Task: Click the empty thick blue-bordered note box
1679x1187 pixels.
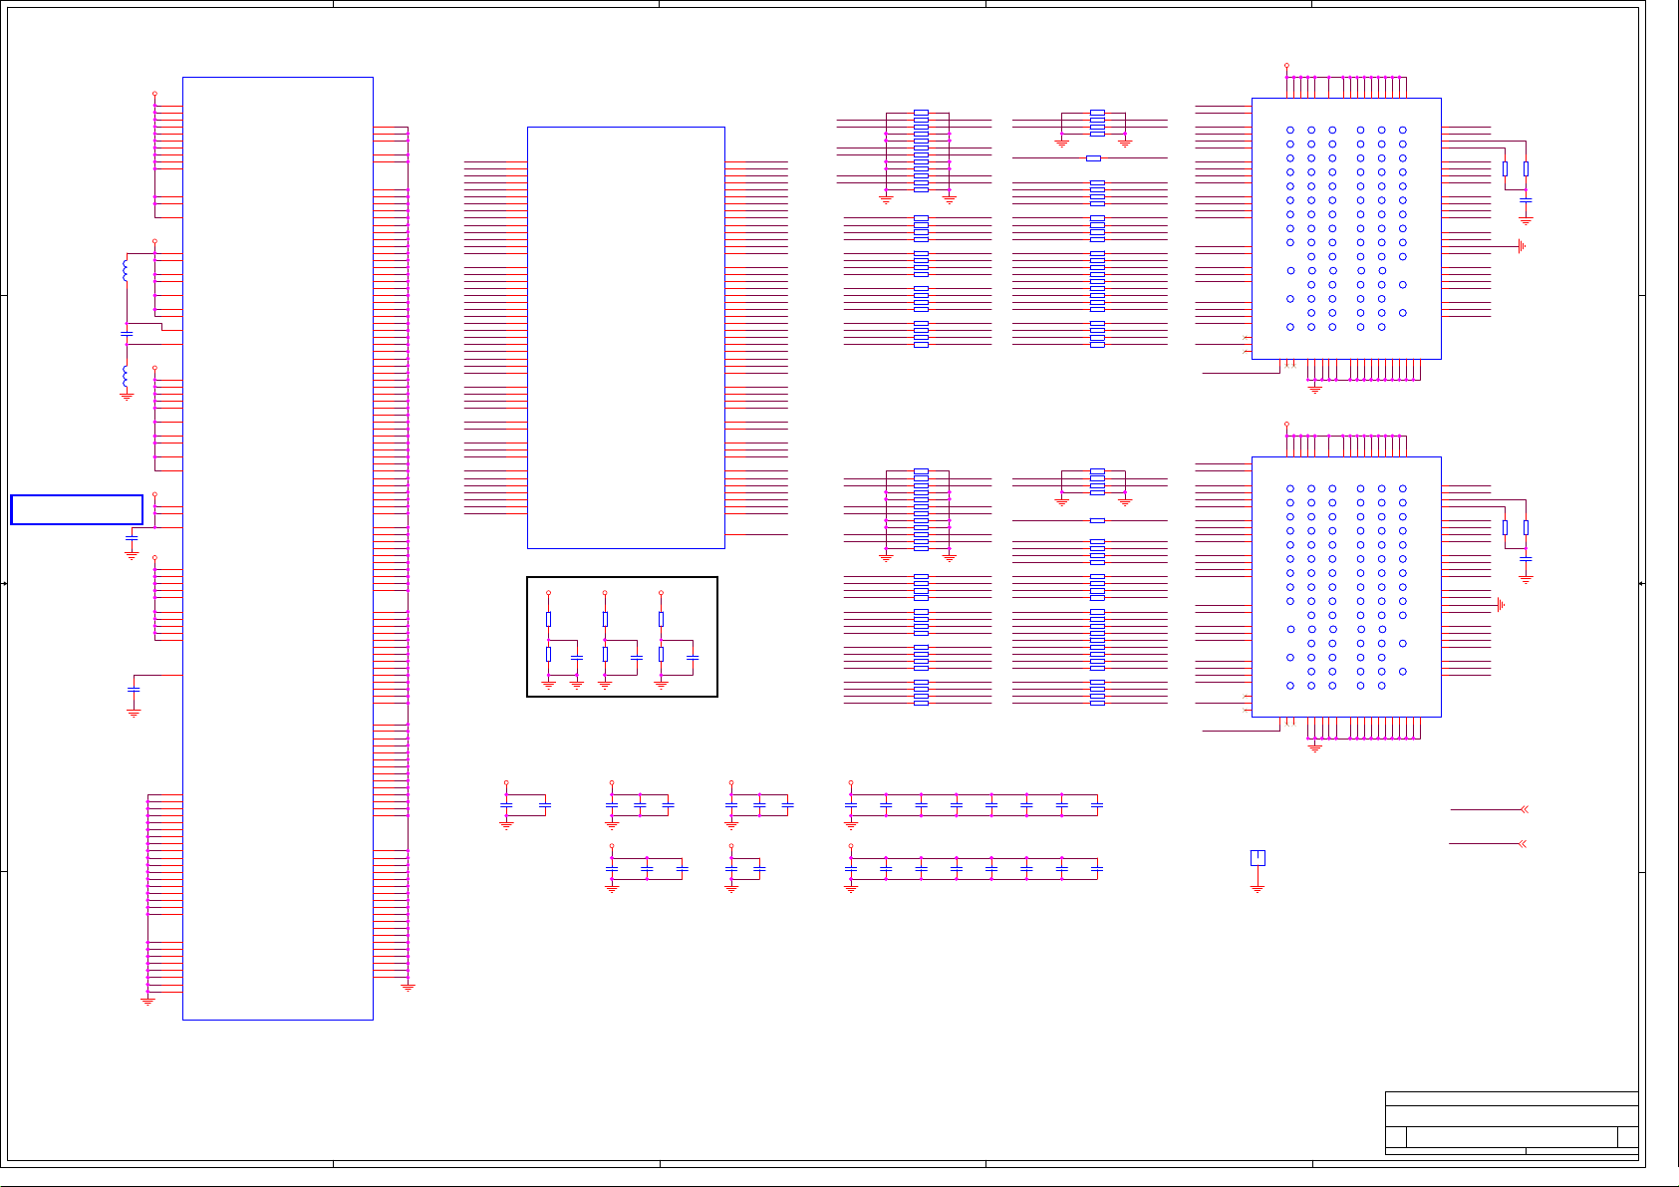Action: [77, 509]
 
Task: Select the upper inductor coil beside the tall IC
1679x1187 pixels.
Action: [126, 270]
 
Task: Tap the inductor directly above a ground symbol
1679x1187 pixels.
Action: [126, 378]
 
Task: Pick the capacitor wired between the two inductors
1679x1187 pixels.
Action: [127, 334]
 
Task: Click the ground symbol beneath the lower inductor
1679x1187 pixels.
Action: [127, 396]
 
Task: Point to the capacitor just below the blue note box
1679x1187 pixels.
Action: [132, 538]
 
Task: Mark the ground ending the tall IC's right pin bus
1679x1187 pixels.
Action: [408, 987]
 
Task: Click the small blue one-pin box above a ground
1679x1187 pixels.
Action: [1258, 858]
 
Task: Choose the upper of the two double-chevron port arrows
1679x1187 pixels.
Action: [1523, 809]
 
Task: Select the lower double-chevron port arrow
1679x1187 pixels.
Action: [1523, 844]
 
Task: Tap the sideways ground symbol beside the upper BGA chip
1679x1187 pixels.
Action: [1522, 246]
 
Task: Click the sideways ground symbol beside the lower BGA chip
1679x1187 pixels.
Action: [1500, 605]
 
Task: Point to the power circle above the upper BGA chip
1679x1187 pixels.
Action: [1286, 66]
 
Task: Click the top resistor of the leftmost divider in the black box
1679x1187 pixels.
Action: [548, 619]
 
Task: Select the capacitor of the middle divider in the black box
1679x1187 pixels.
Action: [637, 658]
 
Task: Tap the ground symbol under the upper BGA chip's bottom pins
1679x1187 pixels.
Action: [1314, 389]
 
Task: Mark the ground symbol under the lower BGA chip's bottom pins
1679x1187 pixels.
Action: [1314, 747]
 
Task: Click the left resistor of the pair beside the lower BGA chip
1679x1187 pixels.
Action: [1505, 527]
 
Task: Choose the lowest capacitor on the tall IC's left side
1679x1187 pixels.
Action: [134, 689]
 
